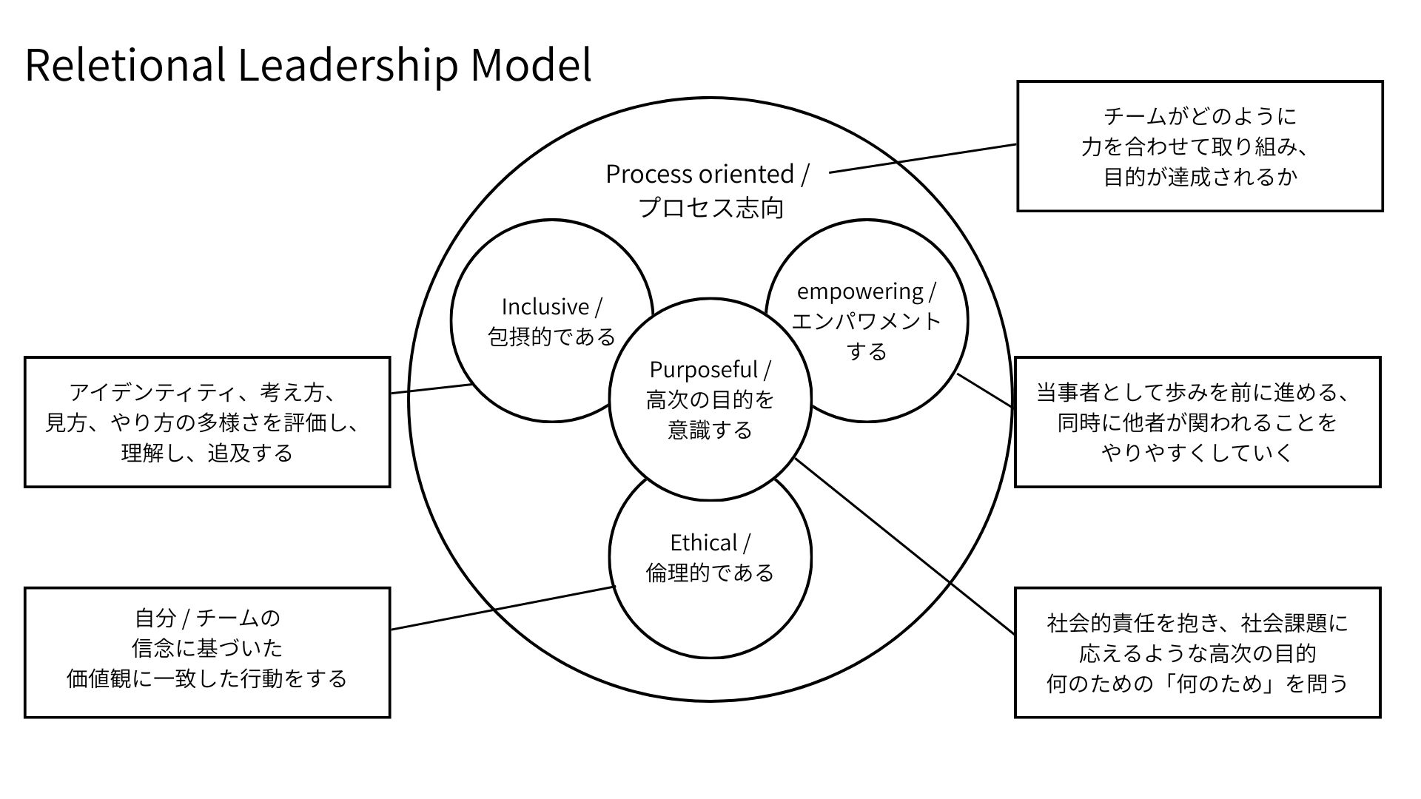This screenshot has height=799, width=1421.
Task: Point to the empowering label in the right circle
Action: (860, 291)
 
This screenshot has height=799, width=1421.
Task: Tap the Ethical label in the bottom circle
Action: (703, 542)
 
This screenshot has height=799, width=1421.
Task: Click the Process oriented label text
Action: (699, 174)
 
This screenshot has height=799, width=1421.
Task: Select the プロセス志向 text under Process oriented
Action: (710, 208)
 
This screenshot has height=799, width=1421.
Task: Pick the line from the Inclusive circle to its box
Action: (431, 388)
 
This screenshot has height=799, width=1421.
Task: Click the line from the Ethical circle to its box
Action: (503, 608)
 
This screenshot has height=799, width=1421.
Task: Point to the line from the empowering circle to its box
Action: (985, 390)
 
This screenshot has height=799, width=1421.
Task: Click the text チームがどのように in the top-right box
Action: (1200, 116)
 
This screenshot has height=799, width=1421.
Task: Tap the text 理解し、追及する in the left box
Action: (207, 453)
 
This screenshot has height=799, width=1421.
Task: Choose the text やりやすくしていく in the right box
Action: (1197, 452)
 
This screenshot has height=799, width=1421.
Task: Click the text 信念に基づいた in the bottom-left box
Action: (207, 648)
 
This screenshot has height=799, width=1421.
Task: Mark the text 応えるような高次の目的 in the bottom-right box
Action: (1197, 653)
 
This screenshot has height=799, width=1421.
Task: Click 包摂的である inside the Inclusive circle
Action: (551, 337)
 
